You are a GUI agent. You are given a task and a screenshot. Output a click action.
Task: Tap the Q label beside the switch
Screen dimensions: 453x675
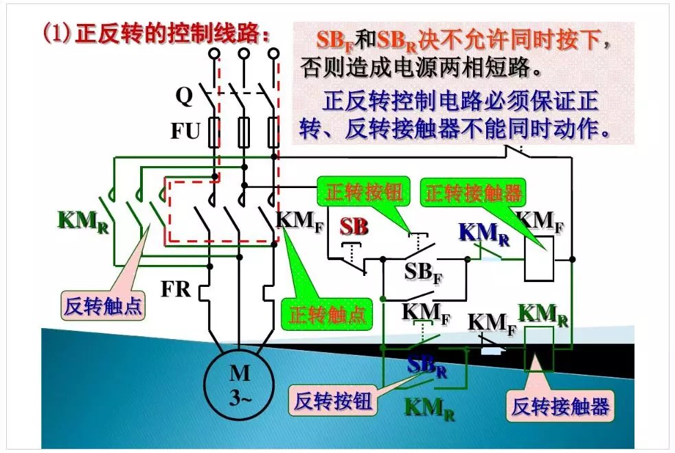pyautogui.click(x=184, y=97)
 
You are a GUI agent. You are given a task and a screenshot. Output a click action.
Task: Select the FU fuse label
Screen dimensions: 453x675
pyautogui.click(x=185, y=130)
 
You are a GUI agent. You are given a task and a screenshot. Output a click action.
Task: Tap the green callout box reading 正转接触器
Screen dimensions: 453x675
pyautogui.click(x=473, y=193)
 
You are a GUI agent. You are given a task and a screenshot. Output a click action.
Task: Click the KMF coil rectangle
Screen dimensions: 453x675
pyautogui.click(x=539, y=258)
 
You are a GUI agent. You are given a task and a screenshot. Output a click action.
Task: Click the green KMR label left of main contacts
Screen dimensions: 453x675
pyautogui.click(x=82, y=222)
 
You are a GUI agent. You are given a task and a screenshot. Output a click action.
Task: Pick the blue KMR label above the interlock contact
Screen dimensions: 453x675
pyautogui.click(x=484, y=233)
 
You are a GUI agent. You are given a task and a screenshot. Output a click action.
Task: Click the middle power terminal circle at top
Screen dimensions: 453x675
pyautogui.click(x=244, y=53)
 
